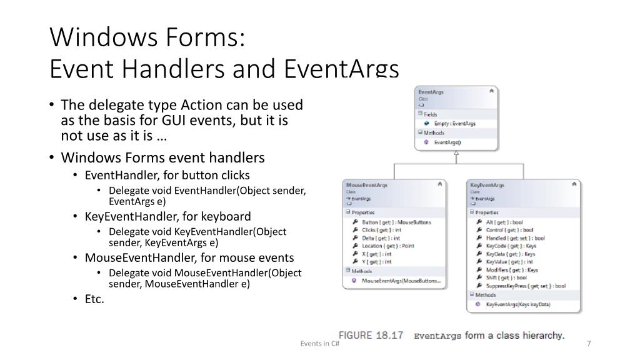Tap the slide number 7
589,343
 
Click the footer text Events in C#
319,343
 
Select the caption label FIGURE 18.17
371,336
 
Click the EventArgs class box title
431,92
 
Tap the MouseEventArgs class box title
367,185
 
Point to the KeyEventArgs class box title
487,185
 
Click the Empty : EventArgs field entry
454,124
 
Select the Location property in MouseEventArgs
387,246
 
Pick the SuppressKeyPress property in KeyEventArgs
525,286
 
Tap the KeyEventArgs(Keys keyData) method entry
517,304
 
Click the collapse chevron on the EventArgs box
491,92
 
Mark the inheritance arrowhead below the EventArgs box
457,156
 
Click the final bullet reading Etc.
94,299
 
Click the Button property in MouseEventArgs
396,222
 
